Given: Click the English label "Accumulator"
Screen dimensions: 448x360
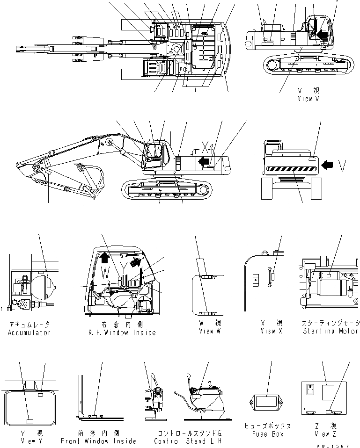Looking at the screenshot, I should click(x=29, y=332).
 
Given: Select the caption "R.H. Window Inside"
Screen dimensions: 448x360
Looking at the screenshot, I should click(x=121, y=332).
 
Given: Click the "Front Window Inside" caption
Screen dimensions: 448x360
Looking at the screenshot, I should click(x=98, y=441).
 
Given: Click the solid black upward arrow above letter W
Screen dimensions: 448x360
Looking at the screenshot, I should click(x=105, y=257).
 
